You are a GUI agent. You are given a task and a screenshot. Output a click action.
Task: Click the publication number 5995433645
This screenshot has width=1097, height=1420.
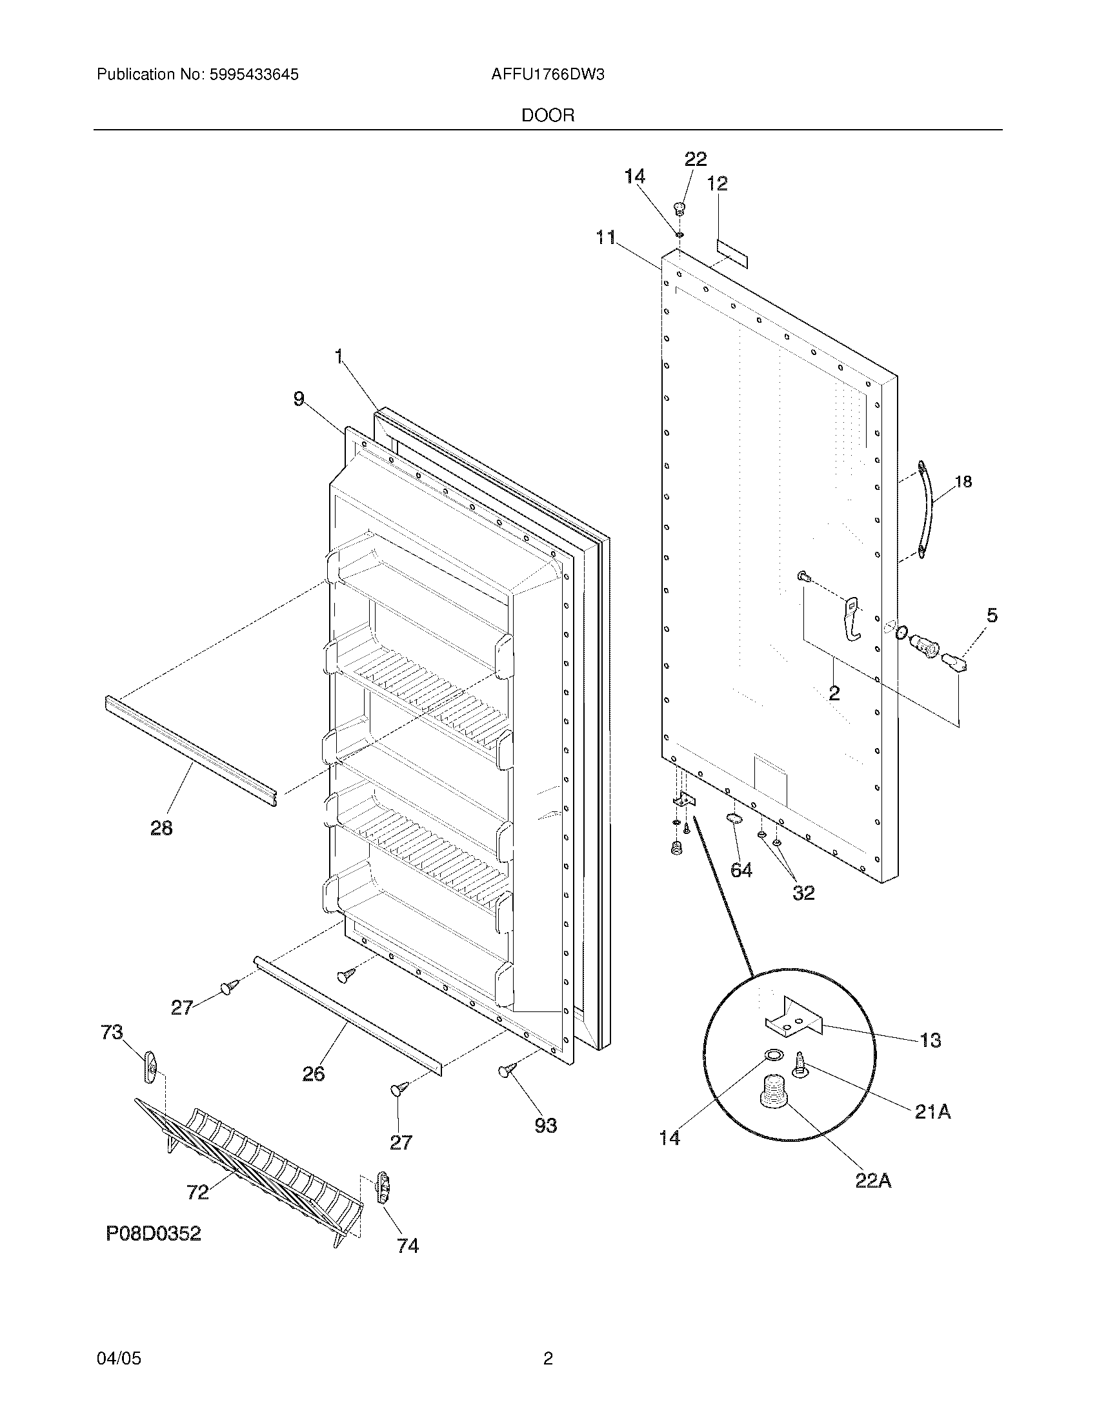coord(254,75)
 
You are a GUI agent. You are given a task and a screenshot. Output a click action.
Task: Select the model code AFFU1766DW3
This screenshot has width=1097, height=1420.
coord(547,75)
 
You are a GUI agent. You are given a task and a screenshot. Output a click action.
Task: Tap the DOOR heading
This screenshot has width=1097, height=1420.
coord(547,116)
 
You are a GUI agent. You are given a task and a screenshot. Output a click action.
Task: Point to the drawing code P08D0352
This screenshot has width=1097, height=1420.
coord(154,1233)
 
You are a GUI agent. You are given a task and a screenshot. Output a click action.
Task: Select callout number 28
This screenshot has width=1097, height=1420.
coord(161,827)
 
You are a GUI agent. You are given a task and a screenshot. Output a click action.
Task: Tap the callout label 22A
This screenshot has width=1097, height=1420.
coord(872,1180)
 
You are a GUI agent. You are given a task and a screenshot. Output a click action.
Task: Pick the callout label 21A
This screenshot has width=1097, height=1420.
coord(932,1112)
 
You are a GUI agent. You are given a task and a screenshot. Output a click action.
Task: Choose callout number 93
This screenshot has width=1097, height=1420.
coord(545,1125)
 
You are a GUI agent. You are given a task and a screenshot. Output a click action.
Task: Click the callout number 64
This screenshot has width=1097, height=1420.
coord(741,869)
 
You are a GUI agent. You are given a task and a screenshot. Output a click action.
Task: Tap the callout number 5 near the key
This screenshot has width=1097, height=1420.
coord(991,615)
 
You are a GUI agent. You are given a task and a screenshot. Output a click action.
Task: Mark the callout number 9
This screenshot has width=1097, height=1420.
coord(299,398)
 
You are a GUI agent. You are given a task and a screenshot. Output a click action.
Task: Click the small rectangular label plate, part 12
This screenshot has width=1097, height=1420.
coord(732,252)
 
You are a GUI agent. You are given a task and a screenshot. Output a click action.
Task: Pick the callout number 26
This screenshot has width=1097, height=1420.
coord(313,1073)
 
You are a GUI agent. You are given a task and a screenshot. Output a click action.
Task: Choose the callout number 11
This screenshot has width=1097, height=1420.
coord(606,238)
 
